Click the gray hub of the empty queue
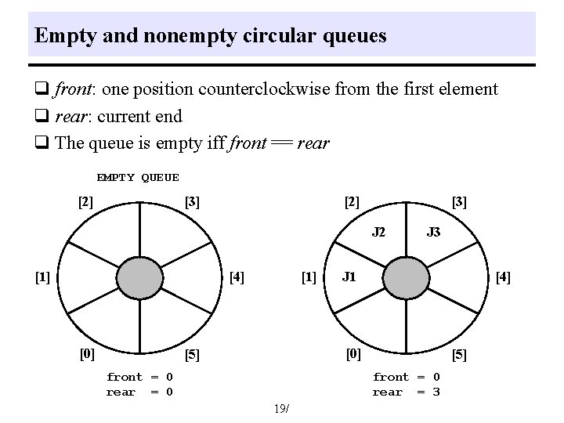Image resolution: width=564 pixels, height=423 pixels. click(x=141, y=278)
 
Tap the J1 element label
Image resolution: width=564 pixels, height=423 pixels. click(x=349, y=276)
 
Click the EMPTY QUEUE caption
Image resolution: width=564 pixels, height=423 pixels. click(x=138, y=178)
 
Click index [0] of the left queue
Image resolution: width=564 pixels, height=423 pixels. click(x=86, y=353)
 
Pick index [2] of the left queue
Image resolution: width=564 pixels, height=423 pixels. click(x=86, y=201)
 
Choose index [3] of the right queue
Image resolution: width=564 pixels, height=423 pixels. click(x=460, y=201)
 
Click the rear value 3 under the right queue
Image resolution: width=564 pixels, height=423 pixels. click(x=436, y=392)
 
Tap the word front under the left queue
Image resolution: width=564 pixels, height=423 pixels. click(x=125, y=377)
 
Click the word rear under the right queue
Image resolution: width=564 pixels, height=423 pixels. click(x=387, y=392)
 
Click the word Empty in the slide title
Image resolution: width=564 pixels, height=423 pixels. click(x=58, y=36)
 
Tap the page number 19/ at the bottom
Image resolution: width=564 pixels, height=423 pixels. click(x=281, y=409)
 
